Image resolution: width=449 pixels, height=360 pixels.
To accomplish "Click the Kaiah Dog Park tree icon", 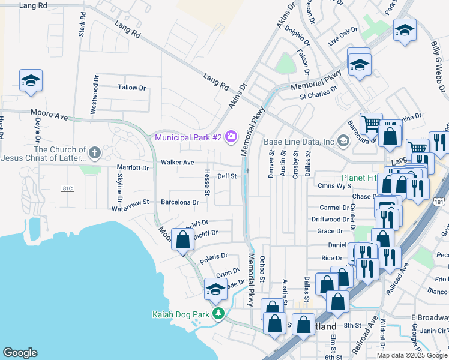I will point(219,314).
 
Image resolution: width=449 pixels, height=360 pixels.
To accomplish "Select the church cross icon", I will point(94,153).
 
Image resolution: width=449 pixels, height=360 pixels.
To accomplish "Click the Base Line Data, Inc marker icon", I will point(343,142).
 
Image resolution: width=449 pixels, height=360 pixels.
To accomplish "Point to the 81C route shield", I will point(68,188).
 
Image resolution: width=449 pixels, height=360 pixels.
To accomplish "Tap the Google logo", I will point(20,353).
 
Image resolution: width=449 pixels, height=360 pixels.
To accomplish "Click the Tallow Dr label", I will point(132,88).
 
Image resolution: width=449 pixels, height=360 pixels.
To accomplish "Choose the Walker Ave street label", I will point(177,163).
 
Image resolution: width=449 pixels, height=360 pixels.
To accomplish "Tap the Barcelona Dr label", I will point(179,203).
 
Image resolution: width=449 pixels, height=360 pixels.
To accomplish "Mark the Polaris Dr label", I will point(214,256).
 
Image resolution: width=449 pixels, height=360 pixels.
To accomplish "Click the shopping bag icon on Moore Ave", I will point(182,239).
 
